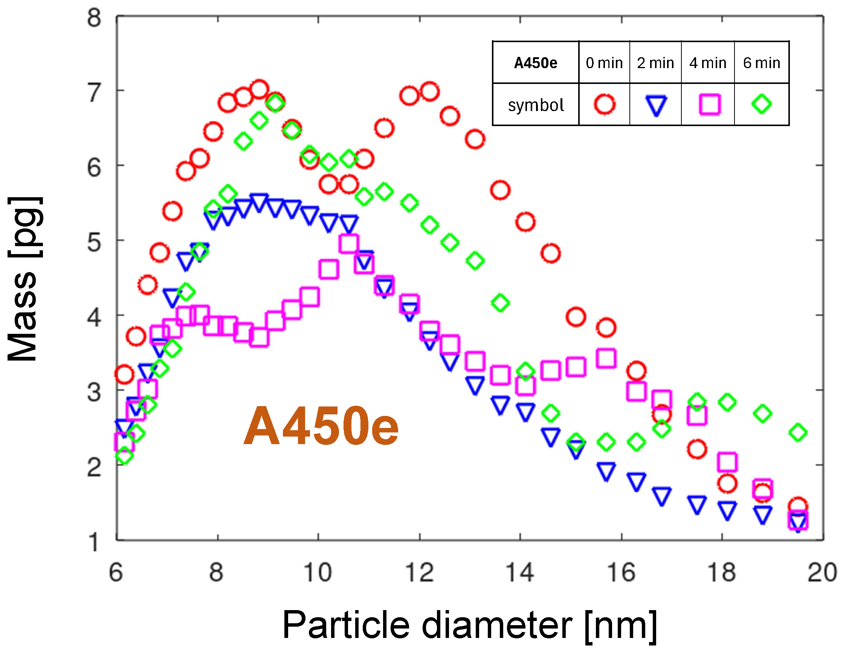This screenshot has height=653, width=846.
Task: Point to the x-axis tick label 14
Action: pos(520,572)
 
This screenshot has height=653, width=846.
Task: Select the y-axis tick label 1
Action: pos(94,542)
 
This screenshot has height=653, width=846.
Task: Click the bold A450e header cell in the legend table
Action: pos(535,63)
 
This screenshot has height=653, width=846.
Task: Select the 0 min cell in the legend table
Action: pos(604,63)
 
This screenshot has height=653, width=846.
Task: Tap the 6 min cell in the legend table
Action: pos(761,63)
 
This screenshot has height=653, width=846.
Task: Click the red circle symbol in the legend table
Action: pos(604,104)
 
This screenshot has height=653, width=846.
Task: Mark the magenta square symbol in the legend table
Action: pos(709,104)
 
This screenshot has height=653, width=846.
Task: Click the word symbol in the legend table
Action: pos(535,105)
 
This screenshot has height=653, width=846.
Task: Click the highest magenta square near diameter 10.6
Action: pos(348,244)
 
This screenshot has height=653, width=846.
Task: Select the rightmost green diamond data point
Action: pos(797,432)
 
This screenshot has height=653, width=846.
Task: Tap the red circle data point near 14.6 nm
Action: pos(550,254)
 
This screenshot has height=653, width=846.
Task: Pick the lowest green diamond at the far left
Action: pos(124,455)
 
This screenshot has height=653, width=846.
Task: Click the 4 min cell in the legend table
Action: pos(707,63)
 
